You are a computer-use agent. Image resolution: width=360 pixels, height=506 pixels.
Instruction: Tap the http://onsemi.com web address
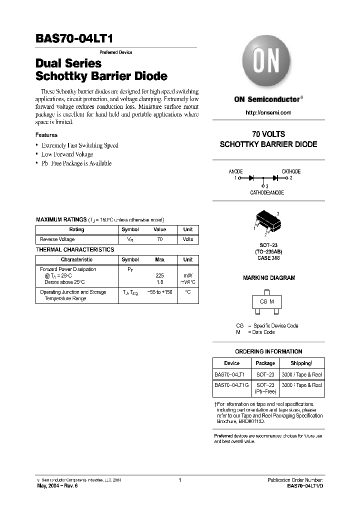point(268,112)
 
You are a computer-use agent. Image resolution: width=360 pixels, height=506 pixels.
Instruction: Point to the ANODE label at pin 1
point(235,171)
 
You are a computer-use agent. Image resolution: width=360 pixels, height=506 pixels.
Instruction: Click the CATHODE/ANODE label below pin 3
point(267,192)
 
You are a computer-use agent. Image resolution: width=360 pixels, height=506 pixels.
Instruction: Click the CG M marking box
point(267,302)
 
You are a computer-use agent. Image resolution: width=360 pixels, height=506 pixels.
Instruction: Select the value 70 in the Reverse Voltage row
point(159,239)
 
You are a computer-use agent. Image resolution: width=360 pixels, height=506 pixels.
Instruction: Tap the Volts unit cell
point(187,239)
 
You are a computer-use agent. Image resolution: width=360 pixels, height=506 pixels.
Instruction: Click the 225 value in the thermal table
point(160,275)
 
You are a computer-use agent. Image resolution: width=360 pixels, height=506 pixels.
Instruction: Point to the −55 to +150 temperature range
point(159,292)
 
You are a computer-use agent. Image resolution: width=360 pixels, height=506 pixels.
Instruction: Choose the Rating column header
point(76,229)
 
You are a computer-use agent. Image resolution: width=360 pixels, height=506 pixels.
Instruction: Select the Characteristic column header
point(76,260)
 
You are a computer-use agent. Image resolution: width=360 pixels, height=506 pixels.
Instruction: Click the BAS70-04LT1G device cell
point(231,385)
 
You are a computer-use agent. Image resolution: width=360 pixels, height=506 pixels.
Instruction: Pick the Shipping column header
point(301,363)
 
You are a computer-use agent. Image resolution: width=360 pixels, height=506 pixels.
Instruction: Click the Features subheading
point(46,135)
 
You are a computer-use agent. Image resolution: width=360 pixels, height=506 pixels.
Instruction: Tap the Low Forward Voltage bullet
point(67,154)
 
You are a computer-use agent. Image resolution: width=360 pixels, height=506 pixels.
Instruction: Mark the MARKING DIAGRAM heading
point(268,278)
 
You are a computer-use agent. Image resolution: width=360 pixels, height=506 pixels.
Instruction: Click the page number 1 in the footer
point(179,480)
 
